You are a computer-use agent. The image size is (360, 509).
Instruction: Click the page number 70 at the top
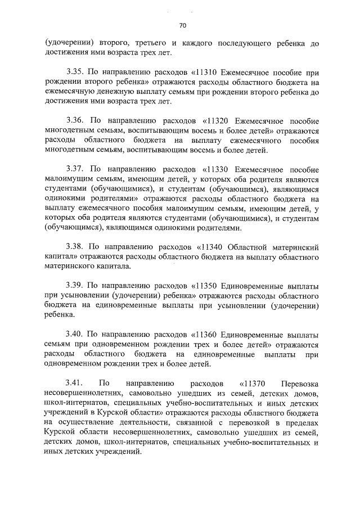click(x=183, y=25)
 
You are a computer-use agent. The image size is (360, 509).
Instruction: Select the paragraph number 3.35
click(x=75, y=73)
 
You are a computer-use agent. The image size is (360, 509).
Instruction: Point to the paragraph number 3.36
click(x=75, y=121)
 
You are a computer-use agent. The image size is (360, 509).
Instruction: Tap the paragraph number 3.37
click(x=75, y=169)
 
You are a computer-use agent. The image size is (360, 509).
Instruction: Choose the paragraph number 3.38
click(x=75, y=246)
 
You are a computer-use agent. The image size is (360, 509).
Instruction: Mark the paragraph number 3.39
click(x=75, y=285)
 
